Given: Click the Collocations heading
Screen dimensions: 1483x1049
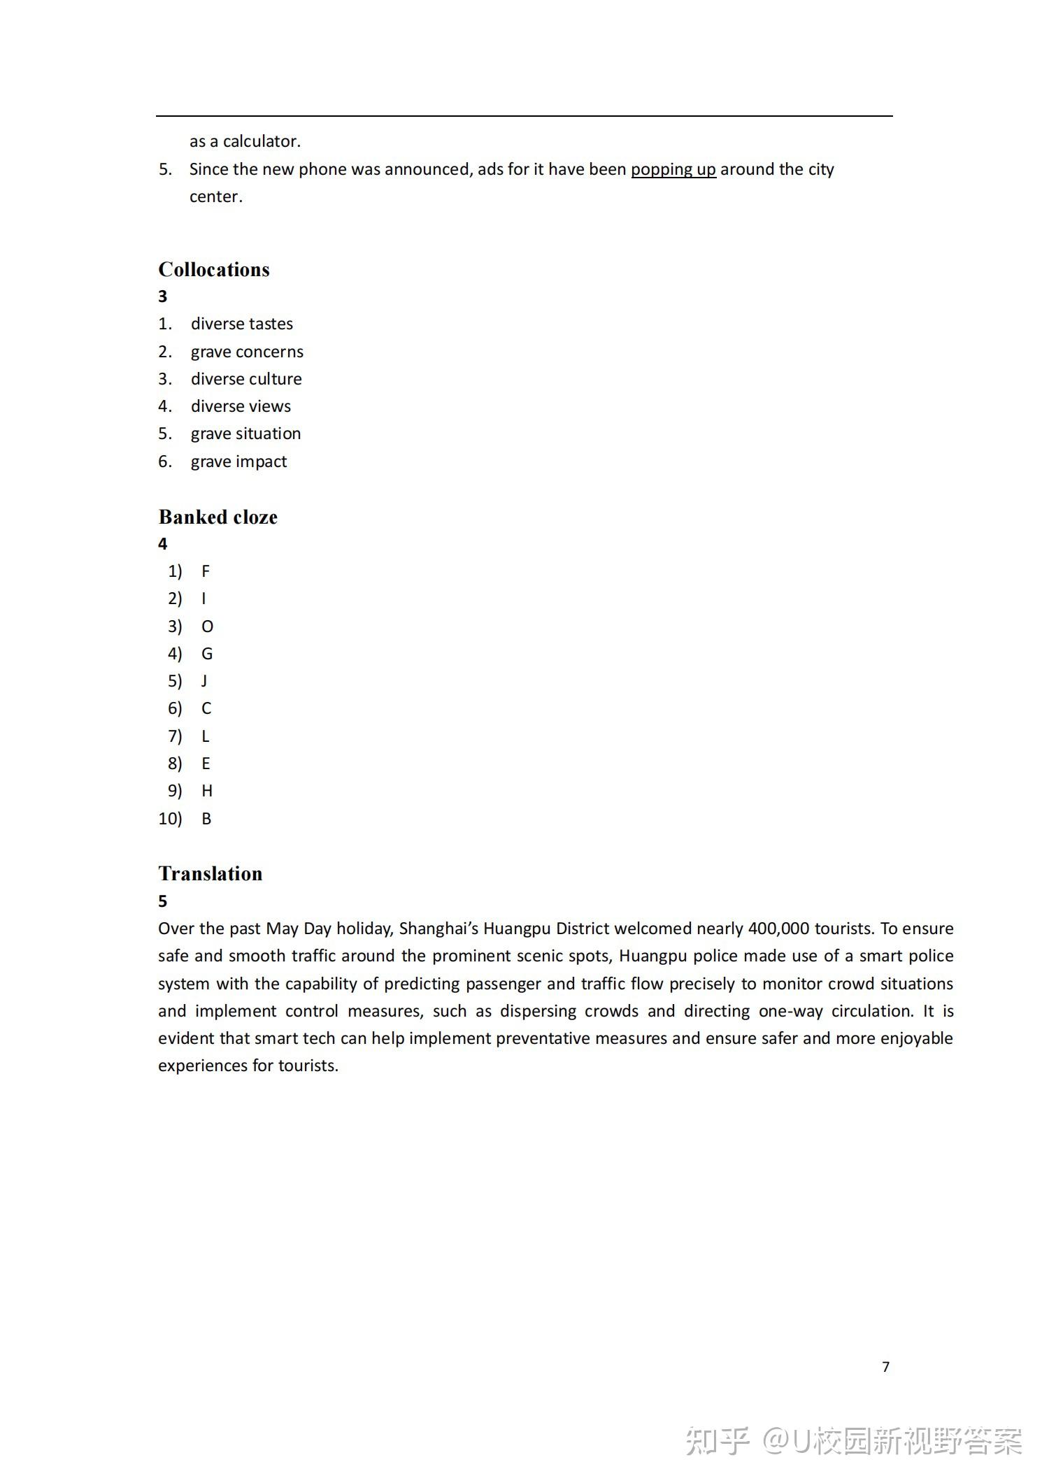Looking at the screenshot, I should click(x=213, y=270).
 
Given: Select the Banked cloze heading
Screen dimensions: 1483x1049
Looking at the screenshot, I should click(x=217, y=517).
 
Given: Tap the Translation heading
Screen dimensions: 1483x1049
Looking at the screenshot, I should click(x=210, y=874).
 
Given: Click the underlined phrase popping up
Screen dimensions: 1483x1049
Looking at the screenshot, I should click(x=673, y=170).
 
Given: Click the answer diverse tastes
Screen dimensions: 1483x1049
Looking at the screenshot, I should click(x=241, y=324).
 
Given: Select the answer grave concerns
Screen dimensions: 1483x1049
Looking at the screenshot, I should click(x=247, y=352).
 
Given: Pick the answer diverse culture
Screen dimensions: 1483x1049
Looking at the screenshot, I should click(x=246, y=379).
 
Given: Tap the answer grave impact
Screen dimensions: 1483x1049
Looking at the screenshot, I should click(x=238, y=461).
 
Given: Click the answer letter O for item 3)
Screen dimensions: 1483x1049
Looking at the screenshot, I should click(x=207, y=626).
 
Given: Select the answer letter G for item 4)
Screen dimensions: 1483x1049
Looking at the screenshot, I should click(x=207, y=654).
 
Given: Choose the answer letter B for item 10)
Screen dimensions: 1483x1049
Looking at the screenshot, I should click(x=206, y=819).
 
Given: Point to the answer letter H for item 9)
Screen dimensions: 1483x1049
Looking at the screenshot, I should click(x=207, y=791).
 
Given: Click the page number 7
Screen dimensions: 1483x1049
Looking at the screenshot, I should click(x=885, y=1367).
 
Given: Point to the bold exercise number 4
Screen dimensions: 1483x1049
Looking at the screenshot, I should click(x=163, y=544).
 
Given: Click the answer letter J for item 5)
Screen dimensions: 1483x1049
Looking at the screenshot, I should click(x=204, y=681).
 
